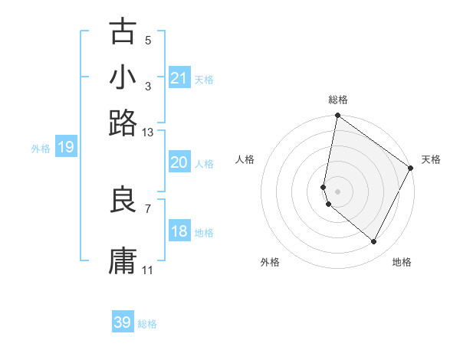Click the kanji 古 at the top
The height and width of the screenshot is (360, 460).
tap(123, 33)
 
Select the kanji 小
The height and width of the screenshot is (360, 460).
tap(123, 77)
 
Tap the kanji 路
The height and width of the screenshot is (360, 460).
tap(123, 122)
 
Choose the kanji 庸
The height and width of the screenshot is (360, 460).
tap(123, 260)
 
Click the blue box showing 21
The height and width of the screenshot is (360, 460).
tap(179, 78)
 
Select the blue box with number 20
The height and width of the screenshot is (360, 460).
tap(179, 162)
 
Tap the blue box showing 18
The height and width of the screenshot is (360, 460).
tap(179, 231)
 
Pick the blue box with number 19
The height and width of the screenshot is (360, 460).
tap(66, 147)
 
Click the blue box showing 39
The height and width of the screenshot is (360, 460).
tap(123, 322)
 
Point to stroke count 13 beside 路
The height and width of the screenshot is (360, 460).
tap(148, 133)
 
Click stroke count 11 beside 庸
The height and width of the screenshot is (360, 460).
tap(148, 270)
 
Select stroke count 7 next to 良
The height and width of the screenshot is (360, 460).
tap(148, 208)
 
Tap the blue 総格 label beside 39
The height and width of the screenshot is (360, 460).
tap(147, 324)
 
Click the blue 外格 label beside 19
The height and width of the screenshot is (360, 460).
tap(41, 149)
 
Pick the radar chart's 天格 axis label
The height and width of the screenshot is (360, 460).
tap(431, 159)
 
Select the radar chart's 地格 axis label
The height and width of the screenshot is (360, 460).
tap(402, 262)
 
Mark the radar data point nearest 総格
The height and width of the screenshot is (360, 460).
tap(337, 116)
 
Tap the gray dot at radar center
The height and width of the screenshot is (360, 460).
tap(337, 191)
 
